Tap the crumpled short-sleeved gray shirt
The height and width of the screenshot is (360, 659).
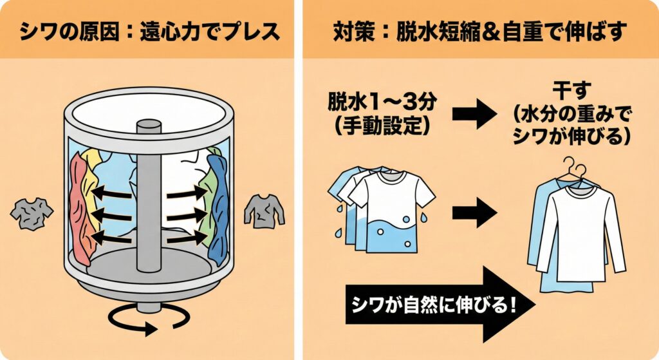[x=32, y=212]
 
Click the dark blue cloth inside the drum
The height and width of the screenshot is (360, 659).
[x=219, y=206]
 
